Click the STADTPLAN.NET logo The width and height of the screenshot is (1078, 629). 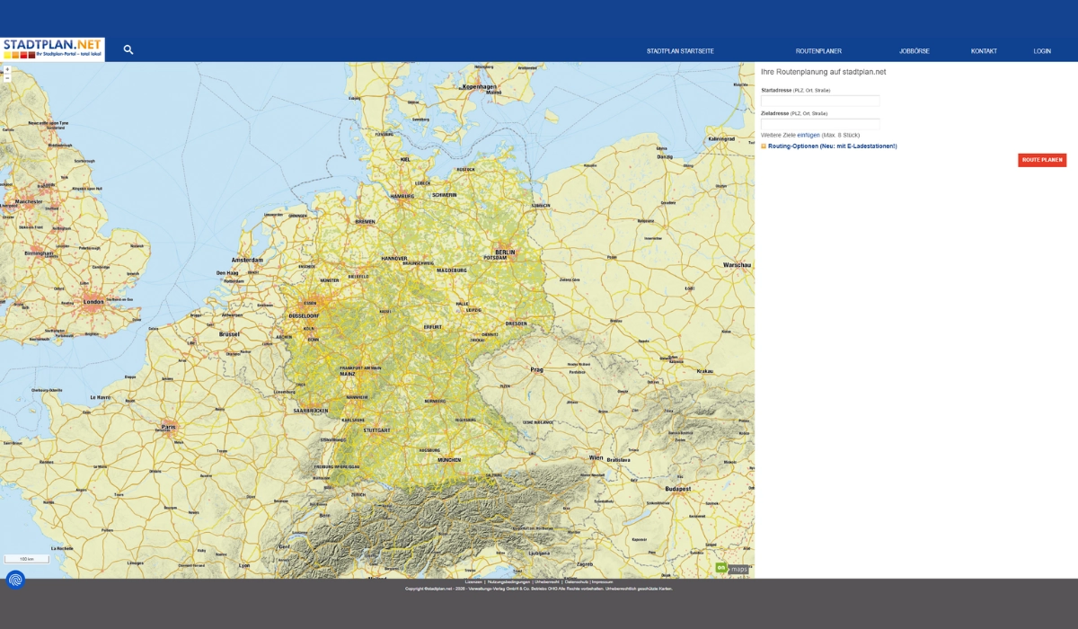click(52, 49)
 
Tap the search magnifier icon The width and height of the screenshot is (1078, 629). click(128, 50)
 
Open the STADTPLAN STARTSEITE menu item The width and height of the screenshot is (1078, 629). click(680, 51)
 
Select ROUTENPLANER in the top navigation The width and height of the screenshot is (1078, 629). click(818, 51)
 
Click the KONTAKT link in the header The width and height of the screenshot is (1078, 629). click(984, 51)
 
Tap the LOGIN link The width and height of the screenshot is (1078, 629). click(1042, 51)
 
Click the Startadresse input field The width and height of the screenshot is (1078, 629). click(820, 101)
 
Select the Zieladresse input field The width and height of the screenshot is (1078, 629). click(820, 124)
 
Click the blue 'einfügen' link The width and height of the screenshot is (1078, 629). click(808, 135)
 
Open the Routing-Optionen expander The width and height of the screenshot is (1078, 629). click(832, 146)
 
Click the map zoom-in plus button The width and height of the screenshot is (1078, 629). click(7, 69)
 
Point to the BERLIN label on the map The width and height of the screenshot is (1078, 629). click(505, 252)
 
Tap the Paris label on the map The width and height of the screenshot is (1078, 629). click(168, 427)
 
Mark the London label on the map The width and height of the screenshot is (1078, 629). click(93, 302)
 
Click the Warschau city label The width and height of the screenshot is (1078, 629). click(737, 265)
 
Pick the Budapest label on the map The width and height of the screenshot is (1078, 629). click(677, 488)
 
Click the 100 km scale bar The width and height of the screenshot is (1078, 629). click(27, 559)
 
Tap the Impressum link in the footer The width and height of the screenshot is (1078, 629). click(602, 582)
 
